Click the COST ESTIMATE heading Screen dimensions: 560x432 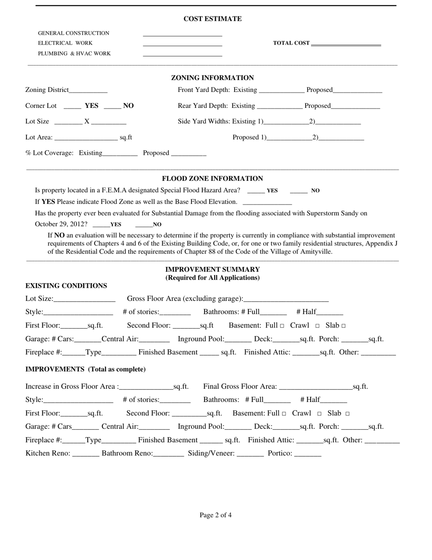pos(212,19)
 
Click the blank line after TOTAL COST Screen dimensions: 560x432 pos(346,44)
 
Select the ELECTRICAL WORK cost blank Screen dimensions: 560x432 pos(182,44)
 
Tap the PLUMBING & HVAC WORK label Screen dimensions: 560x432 pos(74,54)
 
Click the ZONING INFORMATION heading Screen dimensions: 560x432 pos(212,78)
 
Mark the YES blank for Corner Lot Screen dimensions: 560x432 pos(72,107)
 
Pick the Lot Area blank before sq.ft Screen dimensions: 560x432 pos(85,138)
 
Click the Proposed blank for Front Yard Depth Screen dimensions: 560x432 pos(357,91)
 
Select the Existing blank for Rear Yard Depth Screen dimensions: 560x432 pos(280,107)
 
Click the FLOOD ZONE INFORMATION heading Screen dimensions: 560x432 pos(212,178)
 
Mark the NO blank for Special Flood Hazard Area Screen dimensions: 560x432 pos(299,191)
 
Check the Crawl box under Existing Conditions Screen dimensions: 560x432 pos(317,326)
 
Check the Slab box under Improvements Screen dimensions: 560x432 pos(347,414)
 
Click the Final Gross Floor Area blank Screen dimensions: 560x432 pos(316,387)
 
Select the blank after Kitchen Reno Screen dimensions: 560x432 pos(85,454)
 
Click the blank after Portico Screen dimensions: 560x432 pos(308,454)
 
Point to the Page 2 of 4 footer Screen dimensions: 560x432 pos(216,515)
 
